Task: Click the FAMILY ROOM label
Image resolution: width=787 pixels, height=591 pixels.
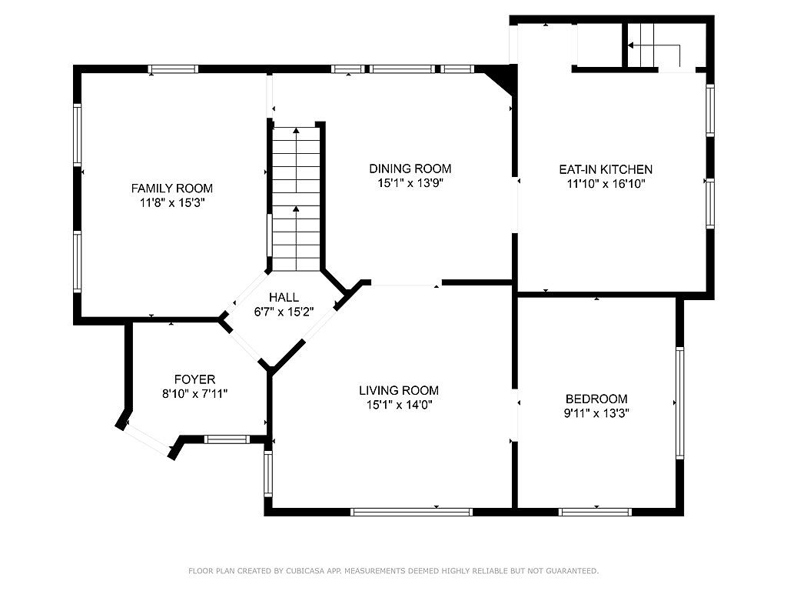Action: click(171, 189)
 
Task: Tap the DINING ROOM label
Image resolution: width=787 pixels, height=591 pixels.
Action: click(410, 169)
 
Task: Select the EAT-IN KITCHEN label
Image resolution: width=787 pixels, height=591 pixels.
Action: click(606, 169)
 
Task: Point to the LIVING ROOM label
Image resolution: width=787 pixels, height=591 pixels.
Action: click(399, 390)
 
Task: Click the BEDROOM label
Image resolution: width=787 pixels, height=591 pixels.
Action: click(596, 399)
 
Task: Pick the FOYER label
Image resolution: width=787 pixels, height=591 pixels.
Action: click(194, 379)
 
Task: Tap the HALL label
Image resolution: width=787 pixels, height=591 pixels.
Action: click(284, 298)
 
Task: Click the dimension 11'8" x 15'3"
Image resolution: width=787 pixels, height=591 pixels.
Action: click(173, 203)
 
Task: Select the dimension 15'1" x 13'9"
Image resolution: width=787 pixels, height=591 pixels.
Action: click(410, 183)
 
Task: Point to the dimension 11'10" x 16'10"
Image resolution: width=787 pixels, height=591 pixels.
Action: click(606, 184)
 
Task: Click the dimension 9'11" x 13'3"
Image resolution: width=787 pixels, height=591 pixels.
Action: click(596, 413)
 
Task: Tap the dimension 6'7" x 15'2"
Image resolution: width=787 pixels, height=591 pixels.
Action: click(284, 312)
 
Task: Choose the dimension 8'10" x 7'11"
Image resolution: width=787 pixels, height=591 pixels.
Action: click(194, 393)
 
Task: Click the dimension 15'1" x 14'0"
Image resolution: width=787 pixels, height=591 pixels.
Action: click(400, 405)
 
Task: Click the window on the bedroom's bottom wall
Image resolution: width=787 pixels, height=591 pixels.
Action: click(595, 512)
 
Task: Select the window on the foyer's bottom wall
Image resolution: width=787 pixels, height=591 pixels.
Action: click(227, 439)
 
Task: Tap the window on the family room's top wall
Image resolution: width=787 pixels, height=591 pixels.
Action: click(173, 69)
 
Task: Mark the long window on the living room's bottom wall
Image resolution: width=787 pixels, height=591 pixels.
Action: click(412, 512)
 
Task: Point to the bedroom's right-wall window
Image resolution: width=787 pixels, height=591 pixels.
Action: click(679, 402)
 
